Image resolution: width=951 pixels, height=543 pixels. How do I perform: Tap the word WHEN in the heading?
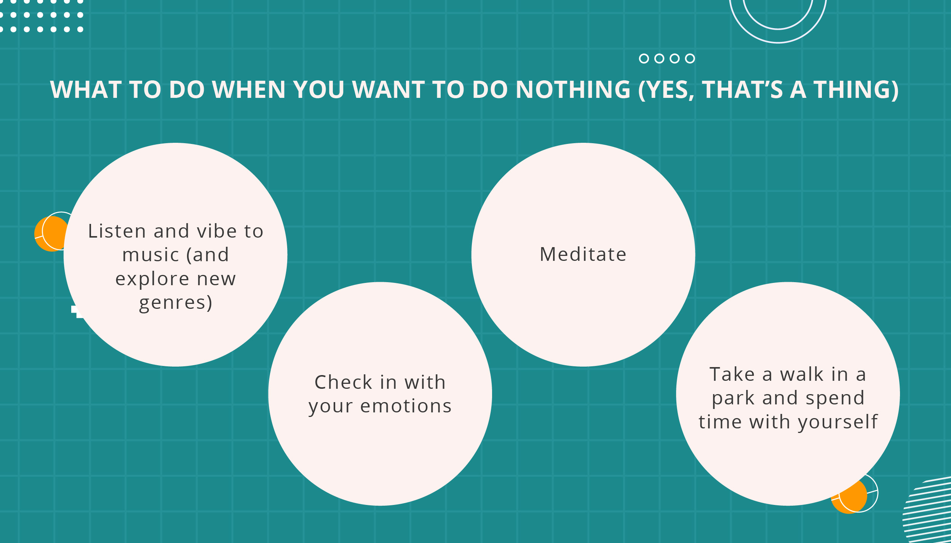(x=248, y=89)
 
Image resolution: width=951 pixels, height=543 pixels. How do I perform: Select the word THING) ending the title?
(x=856, y=90)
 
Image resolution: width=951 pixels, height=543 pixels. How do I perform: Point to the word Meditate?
(x=583, y=254)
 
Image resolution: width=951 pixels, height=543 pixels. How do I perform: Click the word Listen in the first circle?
(x=117, y=231)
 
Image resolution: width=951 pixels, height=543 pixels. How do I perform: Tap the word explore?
(x=152, y=279)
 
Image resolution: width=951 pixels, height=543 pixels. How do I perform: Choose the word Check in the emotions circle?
(x=343, y=382)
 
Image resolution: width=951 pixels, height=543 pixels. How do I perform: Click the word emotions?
(x=406, y=406)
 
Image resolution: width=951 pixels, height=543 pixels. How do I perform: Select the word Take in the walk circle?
(x=732, y=374)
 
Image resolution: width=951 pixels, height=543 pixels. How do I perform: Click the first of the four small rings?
(x=644, y=58)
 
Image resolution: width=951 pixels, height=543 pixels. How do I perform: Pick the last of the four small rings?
(x=690, y=58)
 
